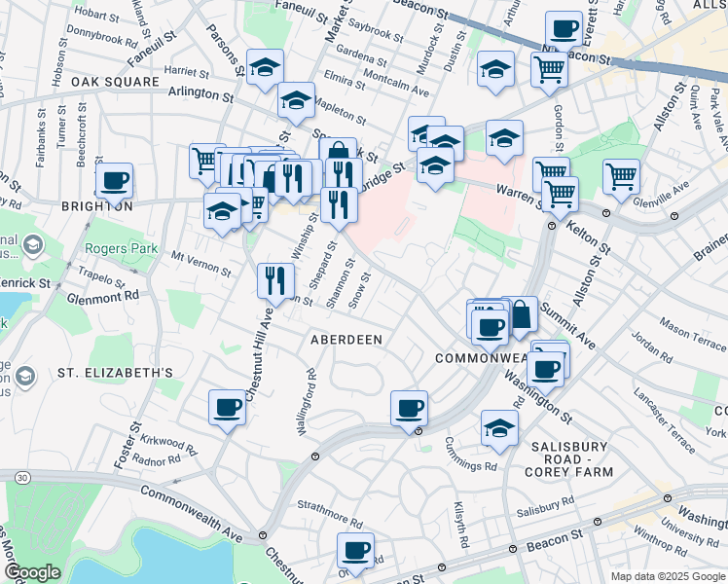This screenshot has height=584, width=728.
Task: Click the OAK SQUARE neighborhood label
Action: click(115, 82)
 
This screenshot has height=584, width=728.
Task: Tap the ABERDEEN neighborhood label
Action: click(345, 340)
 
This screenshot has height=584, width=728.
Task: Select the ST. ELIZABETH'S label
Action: click(115, 373)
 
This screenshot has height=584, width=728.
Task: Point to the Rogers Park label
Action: click(121, 248)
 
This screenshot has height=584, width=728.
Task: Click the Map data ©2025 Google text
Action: click(668, 576)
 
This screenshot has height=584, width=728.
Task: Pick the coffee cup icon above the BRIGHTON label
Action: click(115, 180)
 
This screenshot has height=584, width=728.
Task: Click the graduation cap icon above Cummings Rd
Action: click(499, 427)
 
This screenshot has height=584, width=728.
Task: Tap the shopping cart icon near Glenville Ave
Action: click(621, 176)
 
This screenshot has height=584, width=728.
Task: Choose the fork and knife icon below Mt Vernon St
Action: click(275, 280)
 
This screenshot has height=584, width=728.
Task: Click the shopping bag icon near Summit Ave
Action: click(520, 313)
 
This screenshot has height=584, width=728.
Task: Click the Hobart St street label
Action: click(95, 15)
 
